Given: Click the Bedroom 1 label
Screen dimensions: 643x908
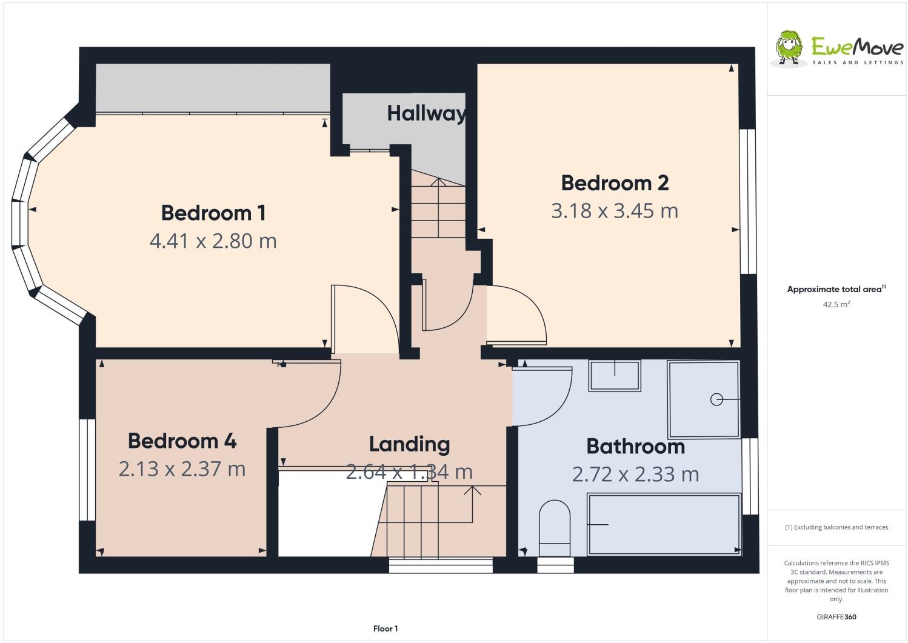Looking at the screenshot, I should (x=213, y=213).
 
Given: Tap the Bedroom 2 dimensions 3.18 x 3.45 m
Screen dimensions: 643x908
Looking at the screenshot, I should (x=614, y=211).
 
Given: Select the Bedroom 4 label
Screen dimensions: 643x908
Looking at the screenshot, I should (x=182, y=441).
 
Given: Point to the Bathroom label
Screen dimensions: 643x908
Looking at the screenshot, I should (x=635, y=446).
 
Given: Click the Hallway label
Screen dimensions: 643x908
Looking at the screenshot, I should (x=426, y=113).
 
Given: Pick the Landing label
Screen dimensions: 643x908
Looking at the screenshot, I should (x=409, y=444).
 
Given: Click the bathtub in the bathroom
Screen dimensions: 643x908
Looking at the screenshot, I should (x=664, y=524).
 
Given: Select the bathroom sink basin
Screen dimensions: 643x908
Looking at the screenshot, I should (x=615, y=375).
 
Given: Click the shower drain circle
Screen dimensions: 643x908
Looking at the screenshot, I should (x=716, y=399).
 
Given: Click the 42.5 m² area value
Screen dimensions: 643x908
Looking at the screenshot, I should (x=836, y=304).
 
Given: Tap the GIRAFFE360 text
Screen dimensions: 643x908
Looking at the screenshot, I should (x=836, y=617).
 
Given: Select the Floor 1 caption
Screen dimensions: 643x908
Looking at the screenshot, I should (x=386, y=628).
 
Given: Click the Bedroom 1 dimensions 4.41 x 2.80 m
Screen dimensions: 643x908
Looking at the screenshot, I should (x=213, y=241).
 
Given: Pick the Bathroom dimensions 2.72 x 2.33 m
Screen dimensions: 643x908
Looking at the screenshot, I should (x=635, y=474).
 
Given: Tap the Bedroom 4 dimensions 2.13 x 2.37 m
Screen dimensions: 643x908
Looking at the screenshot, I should (x=182, y=468).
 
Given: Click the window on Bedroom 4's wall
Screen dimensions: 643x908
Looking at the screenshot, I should (x=87, y=470).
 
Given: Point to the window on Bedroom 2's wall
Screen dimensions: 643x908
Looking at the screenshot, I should (x=751, y=201).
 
